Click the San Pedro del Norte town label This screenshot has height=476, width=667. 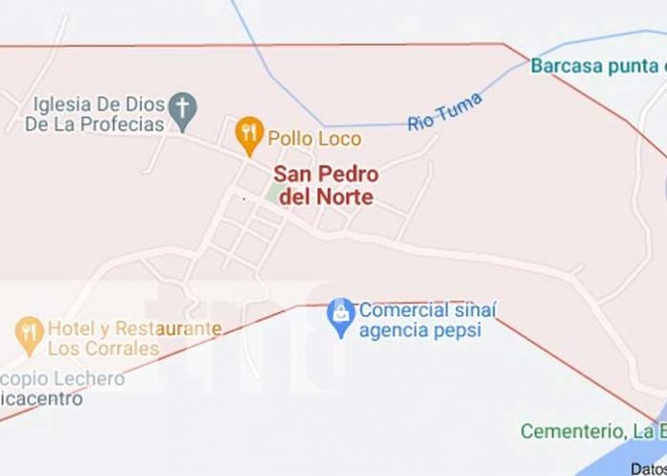[x=325, y=186]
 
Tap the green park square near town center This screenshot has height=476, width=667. [x=277, y=195]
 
